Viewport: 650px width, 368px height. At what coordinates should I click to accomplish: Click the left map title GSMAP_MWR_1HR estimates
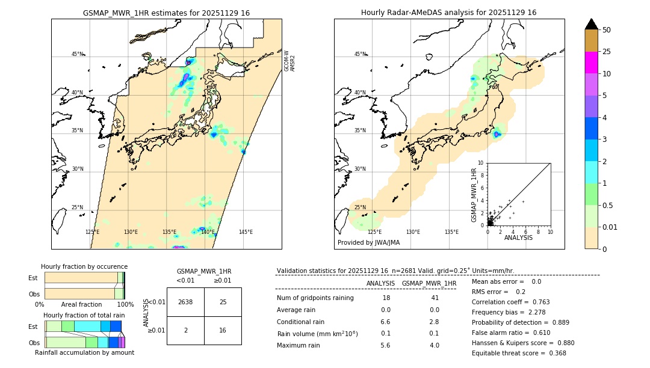(166, 13)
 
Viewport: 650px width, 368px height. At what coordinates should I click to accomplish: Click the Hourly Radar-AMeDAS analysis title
(448, 13)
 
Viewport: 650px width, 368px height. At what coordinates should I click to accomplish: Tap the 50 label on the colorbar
(607, 30)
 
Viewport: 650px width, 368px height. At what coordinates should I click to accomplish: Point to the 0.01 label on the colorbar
(611, 227)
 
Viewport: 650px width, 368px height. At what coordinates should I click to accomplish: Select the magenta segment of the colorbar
(592, 63)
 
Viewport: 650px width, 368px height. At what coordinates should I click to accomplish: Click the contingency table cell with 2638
(185, 302)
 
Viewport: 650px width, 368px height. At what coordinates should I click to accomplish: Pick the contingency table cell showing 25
(223, 302)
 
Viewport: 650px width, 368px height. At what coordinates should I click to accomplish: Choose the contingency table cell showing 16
(223, 330)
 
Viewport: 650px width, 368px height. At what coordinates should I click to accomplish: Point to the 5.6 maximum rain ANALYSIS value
(386, 345)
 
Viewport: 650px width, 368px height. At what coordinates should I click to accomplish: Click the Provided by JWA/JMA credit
(368, 242)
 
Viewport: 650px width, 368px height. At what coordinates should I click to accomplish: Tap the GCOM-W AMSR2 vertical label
(289, 61)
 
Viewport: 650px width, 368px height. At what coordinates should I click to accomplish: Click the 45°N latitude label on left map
(77, 54)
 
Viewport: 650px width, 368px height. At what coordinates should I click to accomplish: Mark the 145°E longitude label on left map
(246, 232)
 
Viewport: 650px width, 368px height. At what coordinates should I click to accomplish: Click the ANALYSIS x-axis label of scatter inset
(518, 238)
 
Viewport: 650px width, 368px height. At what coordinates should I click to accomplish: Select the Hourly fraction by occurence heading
(84, 266)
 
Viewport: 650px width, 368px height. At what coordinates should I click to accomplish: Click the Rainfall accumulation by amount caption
(84, 352)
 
